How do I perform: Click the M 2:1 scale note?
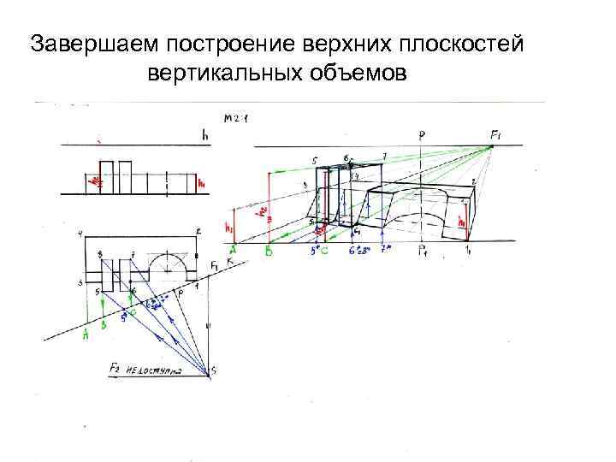233,120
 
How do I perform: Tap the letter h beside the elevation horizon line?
205,134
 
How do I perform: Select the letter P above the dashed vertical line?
422,135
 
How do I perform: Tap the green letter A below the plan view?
86,335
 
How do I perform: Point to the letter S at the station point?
214,370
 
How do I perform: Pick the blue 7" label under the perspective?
386,251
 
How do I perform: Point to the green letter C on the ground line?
325,252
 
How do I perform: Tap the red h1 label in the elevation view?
200,182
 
